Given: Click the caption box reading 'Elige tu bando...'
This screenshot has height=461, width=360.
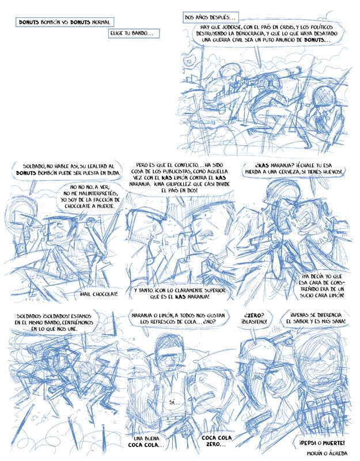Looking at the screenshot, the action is [134, 33].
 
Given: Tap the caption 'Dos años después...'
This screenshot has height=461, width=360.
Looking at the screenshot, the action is [210, 17].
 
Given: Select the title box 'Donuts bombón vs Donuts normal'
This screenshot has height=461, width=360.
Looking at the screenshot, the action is [65, 22].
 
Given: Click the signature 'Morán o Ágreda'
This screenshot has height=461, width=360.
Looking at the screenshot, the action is [327, 453].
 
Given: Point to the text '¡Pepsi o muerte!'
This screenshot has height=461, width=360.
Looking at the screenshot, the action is [322, 443].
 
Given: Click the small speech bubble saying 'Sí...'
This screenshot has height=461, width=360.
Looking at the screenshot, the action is [175, 402].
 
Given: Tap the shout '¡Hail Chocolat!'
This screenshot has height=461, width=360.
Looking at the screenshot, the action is [98, 294].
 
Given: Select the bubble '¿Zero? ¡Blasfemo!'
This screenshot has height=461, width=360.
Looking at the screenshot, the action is [254, 318].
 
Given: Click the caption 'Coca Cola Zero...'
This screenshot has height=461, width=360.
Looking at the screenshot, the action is [217, 441].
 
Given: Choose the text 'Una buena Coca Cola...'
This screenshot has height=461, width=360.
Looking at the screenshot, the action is [146, 441].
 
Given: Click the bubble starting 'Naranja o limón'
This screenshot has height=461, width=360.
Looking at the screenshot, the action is [178, 319].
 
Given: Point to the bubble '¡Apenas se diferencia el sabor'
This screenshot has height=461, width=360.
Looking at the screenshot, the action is [314, 318].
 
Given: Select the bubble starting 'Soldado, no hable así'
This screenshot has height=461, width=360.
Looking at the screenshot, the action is [68, 169].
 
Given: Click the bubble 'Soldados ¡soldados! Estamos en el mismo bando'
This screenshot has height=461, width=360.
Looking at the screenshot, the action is [54, 322].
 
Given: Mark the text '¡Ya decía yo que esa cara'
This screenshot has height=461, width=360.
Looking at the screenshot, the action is [322, 286].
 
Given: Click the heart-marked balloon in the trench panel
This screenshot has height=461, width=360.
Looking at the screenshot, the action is [189, 60].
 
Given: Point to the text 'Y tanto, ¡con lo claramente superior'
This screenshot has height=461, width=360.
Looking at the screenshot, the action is [180, 293].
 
